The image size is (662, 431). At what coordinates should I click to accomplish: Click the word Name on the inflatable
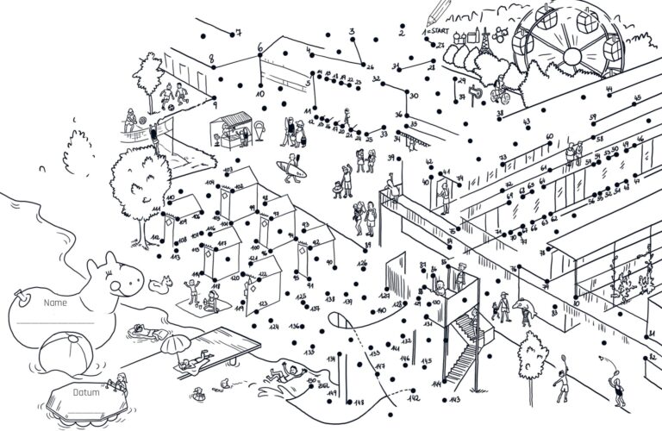point(55,303)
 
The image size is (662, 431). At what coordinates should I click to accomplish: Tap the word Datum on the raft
point(85,393)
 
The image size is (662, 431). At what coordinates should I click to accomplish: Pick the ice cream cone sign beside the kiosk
point(259,133)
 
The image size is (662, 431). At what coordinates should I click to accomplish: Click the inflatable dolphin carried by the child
point(523,306)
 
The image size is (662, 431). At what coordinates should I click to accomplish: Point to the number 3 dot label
point(353,32)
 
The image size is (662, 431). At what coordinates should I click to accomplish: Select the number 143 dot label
point(455,401)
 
